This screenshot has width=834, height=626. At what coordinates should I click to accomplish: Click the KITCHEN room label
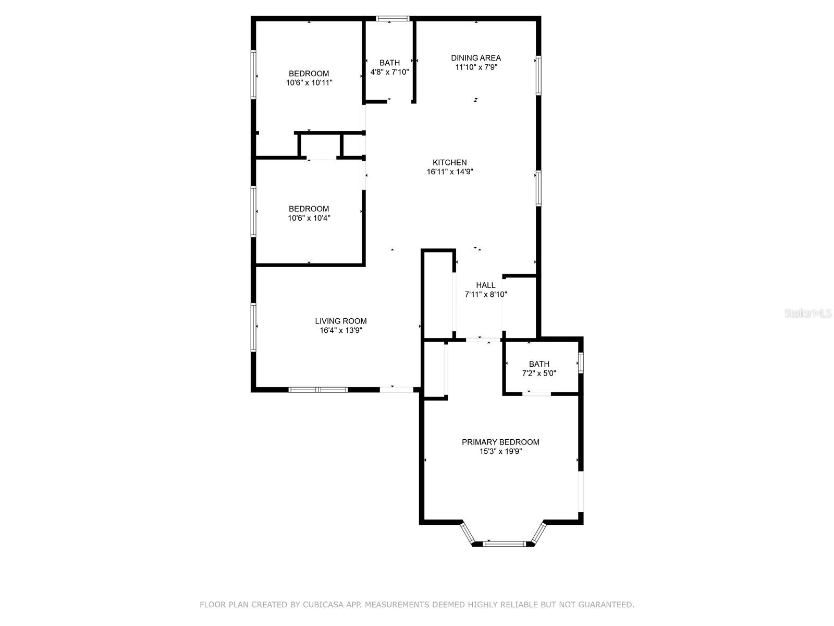449,162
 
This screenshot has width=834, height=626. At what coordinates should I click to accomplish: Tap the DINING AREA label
475,58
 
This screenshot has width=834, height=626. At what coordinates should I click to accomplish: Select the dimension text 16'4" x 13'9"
340,330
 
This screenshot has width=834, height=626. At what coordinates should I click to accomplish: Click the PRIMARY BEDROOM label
500,442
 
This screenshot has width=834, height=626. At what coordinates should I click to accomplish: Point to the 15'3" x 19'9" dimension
500,451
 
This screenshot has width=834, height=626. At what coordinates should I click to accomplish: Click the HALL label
485,285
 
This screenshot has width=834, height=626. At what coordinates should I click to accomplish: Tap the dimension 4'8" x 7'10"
389,72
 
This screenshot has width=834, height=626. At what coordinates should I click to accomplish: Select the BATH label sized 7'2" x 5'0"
539,364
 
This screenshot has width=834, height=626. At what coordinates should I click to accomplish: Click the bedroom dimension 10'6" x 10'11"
309,82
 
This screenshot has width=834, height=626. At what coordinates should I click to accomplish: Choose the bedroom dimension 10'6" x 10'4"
309,218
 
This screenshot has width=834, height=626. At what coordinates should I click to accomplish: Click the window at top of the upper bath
393,19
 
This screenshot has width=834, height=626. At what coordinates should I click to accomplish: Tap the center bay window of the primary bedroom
504,544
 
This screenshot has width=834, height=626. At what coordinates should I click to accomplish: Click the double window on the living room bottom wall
318,390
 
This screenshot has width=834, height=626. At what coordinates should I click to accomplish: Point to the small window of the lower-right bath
581,363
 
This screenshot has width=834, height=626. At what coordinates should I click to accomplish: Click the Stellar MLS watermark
808,314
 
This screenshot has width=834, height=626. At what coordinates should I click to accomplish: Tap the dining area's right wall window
538,76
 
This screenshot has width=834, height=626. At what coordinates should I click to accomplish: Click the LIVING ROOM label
340,321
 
